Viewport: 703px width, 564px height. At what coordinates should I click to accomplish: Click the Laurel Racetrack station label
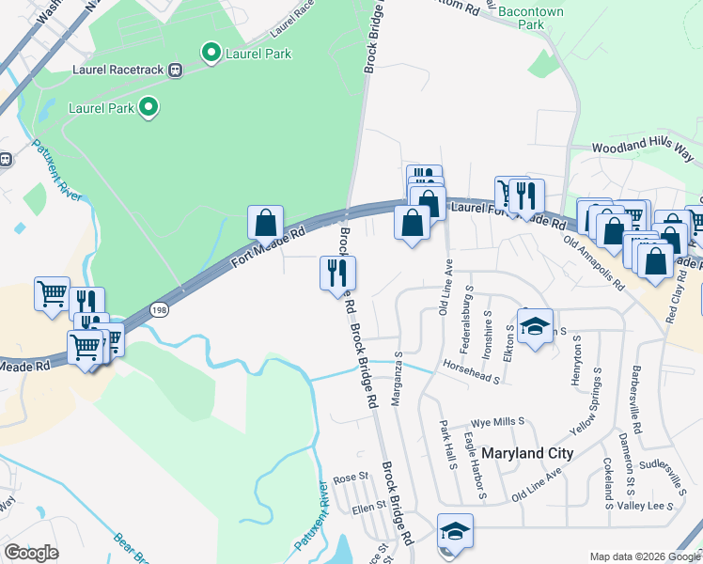pyautogui.click(x=118, y=70)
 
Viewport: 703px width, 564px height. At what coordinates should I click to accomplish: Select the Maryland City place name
pyautogui.click(x=527, y=453)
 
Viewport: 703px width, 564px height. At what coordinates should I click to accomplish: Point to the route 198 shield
pyautogui.click(x=160, y=309)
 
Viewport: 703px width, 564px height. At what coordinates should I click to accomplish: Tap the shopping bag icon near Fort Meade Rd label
pyautogui.click(x=266, y=223)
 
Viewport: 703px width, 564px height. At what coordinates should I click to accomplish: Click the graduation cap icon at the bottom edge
pyautogui.click(x=455, y=531)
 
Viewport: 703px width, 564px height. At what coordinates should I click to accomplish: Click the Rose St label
pyautogui.click(x=350, y=478)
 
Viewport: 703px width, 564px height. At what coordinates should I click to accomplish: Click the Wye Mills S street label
pyautogui.click(x=497, y=423)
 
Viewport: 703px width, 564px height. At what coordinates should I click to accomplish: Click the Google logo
pyautogui.click(x=31, y=553)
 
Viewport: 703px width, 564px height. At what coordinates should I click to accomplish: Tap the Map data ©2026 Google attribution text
pyautogui.click(x=644, y=556)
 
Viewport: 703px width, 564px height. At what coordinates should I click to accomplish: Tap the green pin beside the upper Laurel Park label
pyautogui.click(x=211, y=53)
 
